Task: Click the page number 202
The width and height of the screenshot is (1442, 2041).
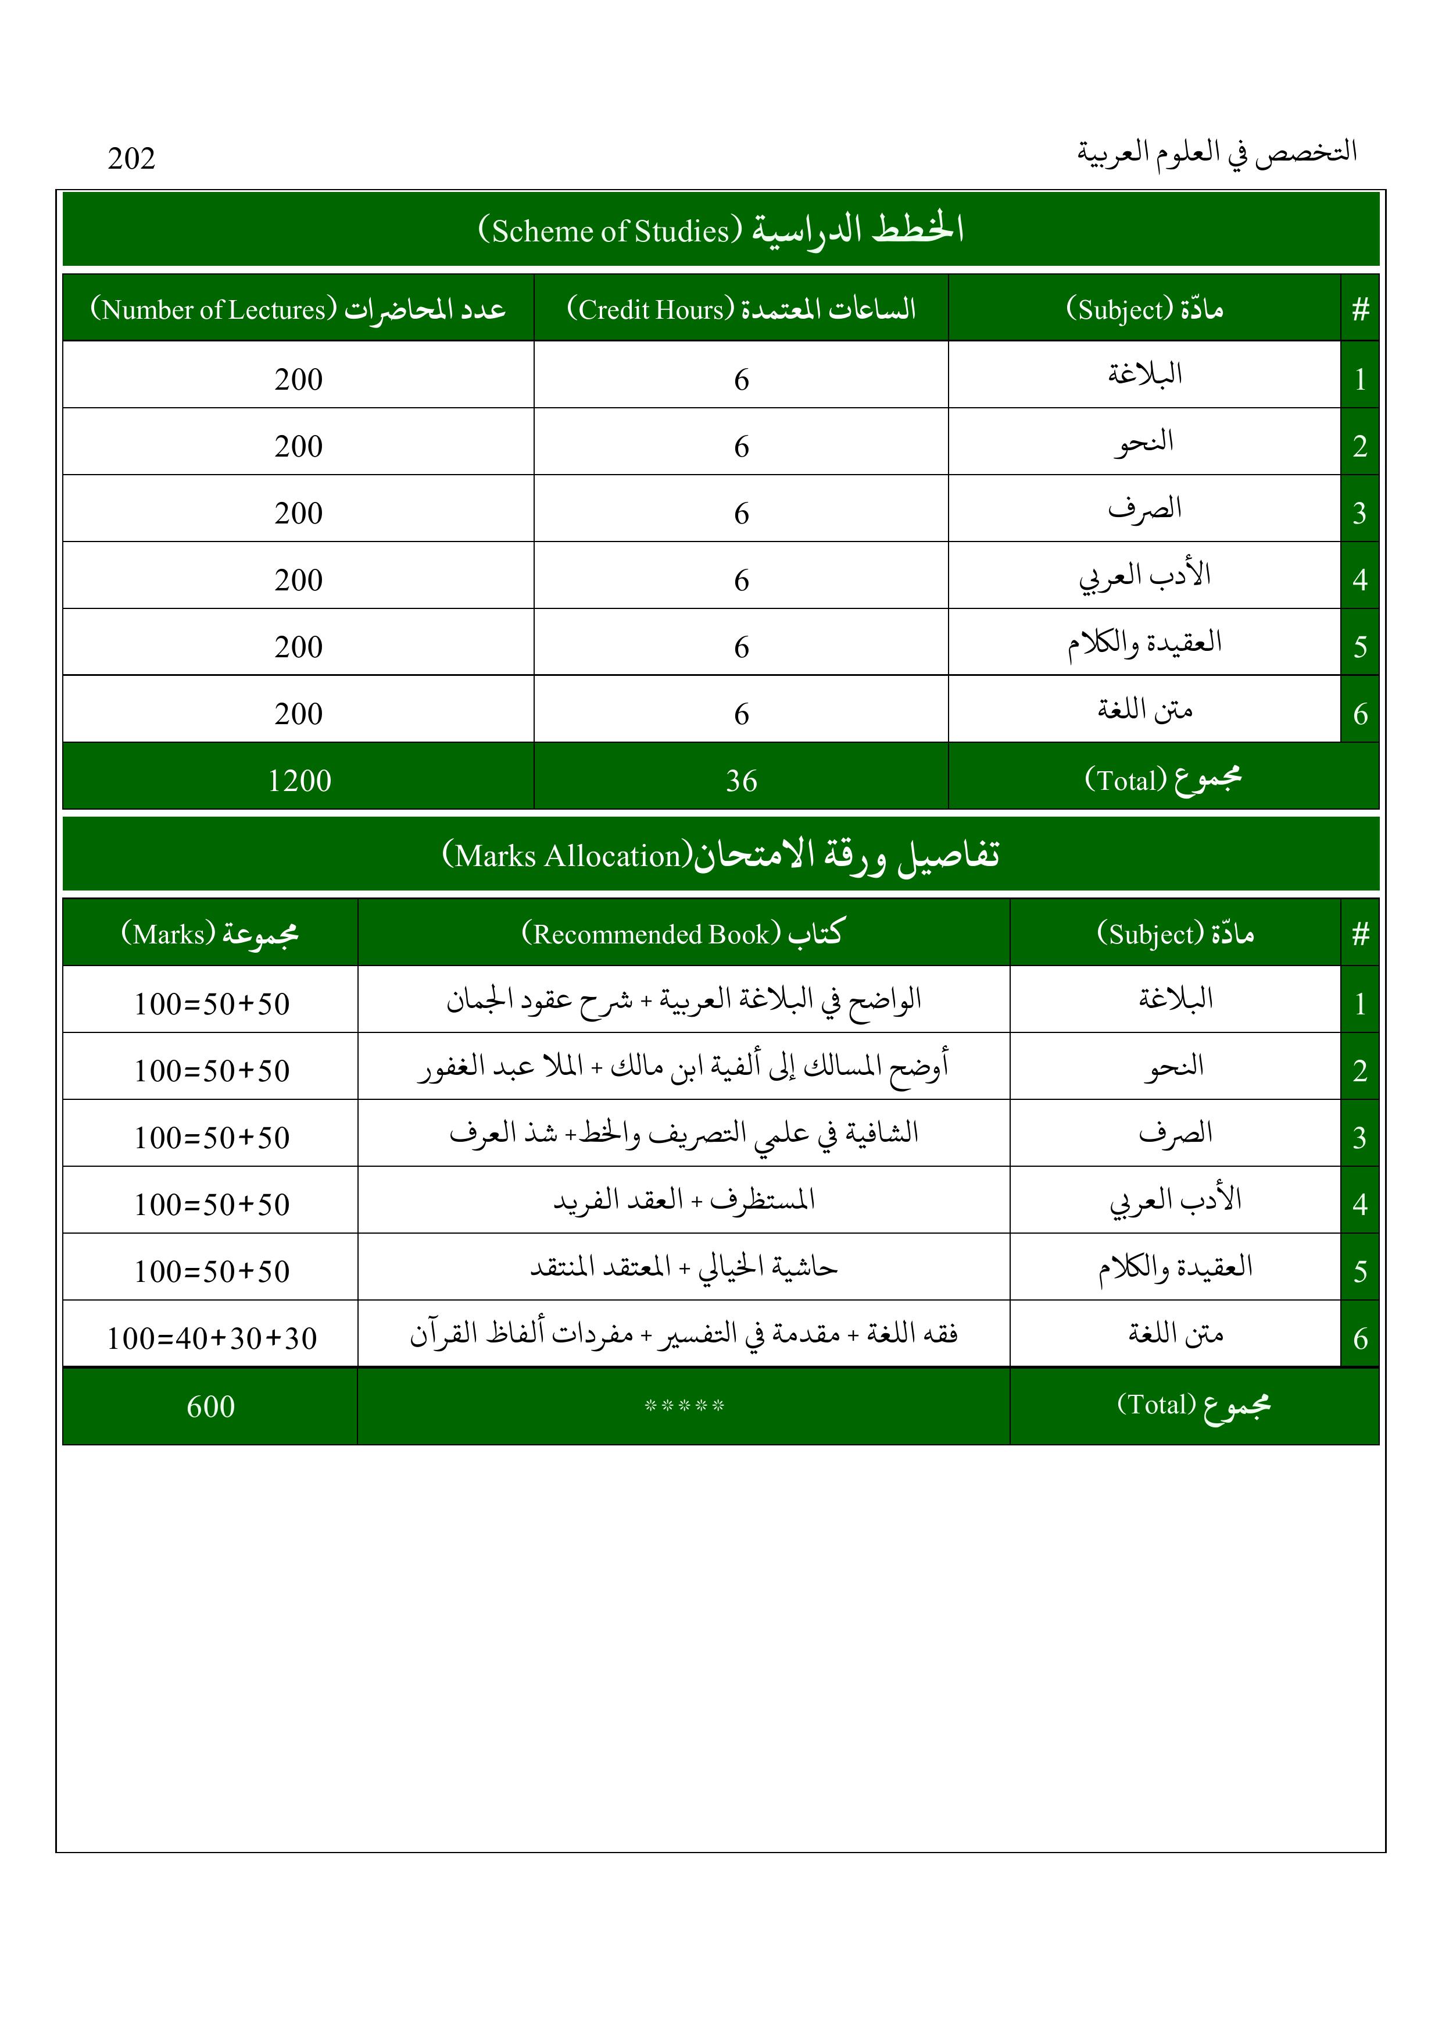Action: [131, 158]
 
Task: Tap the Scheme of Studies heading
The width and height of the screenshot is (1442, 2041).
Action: [721, 229]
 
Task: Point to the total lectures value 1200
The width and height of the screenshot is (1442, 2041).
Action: [299, 781]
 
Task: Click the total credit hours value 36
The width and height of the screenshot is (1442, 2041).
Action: [741, 781]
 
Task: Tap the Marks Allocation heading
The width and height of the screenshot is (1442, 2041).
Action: [721, 854]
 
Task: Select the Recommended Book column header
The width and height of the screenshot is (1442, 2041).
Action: [682, 934]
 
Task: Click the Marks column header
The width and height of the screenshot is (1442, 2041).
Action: [210, 934]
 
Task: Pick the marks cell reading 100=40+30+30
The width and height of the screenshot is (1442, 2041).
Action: [212, 1338]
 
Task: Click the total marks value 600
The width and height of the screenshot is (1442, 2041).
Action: [210, 1406]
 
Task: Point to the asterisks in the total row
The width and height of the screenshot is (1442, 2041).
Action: [684, 1406]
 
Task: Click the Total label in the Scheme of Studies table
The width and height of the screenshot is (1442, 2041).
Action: [1162, 779]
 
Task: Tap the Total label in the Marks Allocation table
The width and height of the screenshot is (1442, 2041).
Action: [1193, 1405]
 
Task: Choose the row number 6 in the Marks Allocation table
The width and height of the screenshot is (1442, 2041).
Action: [1359, 1338]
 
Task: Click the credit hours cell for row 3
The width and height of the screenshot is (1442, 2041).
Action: [741, 513]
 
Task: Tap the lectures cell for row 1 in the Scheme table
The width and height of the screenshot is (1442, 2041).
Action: [299, 380]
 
